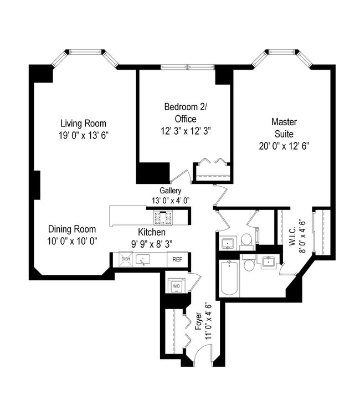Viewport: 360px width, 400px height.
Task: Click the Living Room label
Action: point(83,124)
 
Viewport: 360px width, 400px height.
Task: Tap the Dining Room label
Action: point(71,229)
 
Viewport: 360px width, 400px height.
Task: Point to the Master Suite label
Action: point(284,127)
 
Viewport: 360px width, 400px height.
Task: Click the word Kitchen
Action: point(151,232)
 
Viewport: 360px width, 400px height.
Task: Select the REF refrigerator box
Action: point(178,259)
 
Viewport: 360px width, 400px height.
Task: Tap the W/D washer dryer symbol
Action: point(177,286)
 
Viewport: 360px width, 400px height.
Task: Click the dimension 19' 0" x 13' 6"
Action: point(83,135)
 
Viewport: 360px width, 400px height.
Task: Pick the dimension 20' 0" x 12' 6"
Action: point(284,146)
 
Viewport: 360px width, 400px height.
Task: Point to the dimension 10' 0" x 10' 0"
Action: point(71,240)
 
